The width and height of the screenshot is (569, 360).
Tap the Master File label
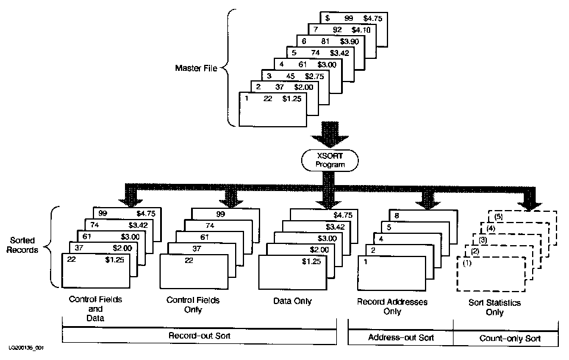[195, 67]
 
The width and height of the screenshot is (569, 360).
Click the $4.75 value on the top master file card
[373, 18]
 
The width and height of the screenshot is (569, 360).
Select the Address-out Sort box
[400, 337]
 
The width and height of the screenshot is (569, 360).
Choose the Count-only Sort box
[507, 337]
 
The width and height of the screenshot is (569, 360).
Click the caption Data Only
[293, 302]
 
